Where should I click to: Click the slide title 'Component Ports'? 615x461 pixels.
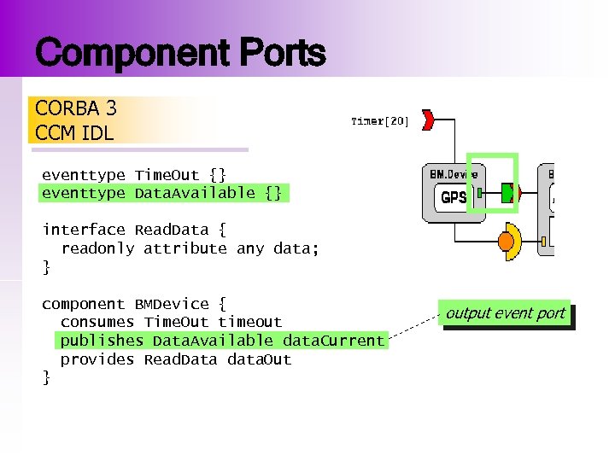pyautogui.click(x=180, y=53)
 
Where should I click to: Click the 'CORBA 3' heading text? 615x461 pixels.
pyautogui.click(x=76, y=108)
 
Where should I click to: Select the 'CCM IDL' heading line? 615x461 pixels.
pyautogui.click(x=74, y=133)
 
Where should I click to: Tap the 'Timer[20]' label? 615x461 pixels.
pyautogui.click(x=380, y=121)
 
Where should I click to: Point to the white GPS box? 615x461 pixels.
pyautogui.click(x=454, y=197)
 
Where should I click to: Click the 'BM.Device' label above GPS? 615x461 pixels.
pyautogui.click(x=454, y=173)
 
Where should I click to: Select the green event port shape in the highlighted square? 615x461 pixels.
pyautogui.click(x=508, y=192)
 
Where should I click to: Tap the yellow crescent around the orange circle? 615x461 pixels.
pyautogui.click(x=516, y=233)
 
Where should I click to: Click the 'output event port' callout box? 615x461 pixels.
pyautogui.click(x=505, y=313)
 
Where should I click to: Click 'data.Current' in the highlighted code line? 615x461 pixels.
pyautogui.click(x=333, y=341)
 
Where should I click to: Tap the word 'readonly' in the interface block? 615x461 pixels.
pyautogui.click(x=97, y=248)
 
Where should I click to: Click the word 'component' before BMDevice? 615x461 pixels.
pyautogui.click(x=84, y=304)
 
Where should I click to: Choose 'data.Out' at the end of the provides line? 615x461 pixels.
pyautogui.click(x=260, y=359)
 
